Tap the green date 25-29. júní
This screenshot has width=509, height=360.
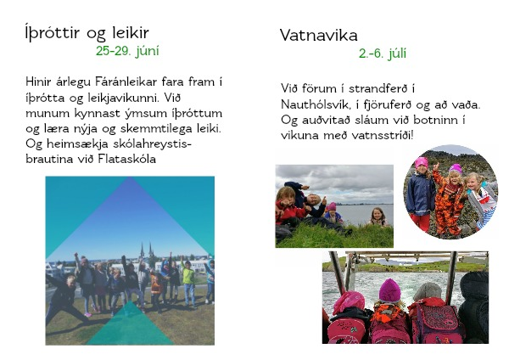tap(127, 51)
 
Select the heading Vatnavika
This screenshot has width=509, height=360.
tap(318, 35)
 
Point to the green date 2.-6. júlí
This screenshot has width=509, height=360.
tap(383, 53)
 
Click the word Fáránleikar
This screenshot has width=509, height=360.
tap(126, 82)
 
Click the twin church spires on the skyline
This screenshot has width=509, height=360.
tap(146, 250)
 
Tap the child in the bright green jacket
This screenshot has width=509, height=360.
tap(188, 282)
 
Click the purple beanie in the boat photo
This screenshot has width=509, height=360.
tap(390, 290)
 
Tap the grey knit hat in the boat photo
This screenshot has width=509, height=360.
tap(428, 291)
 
